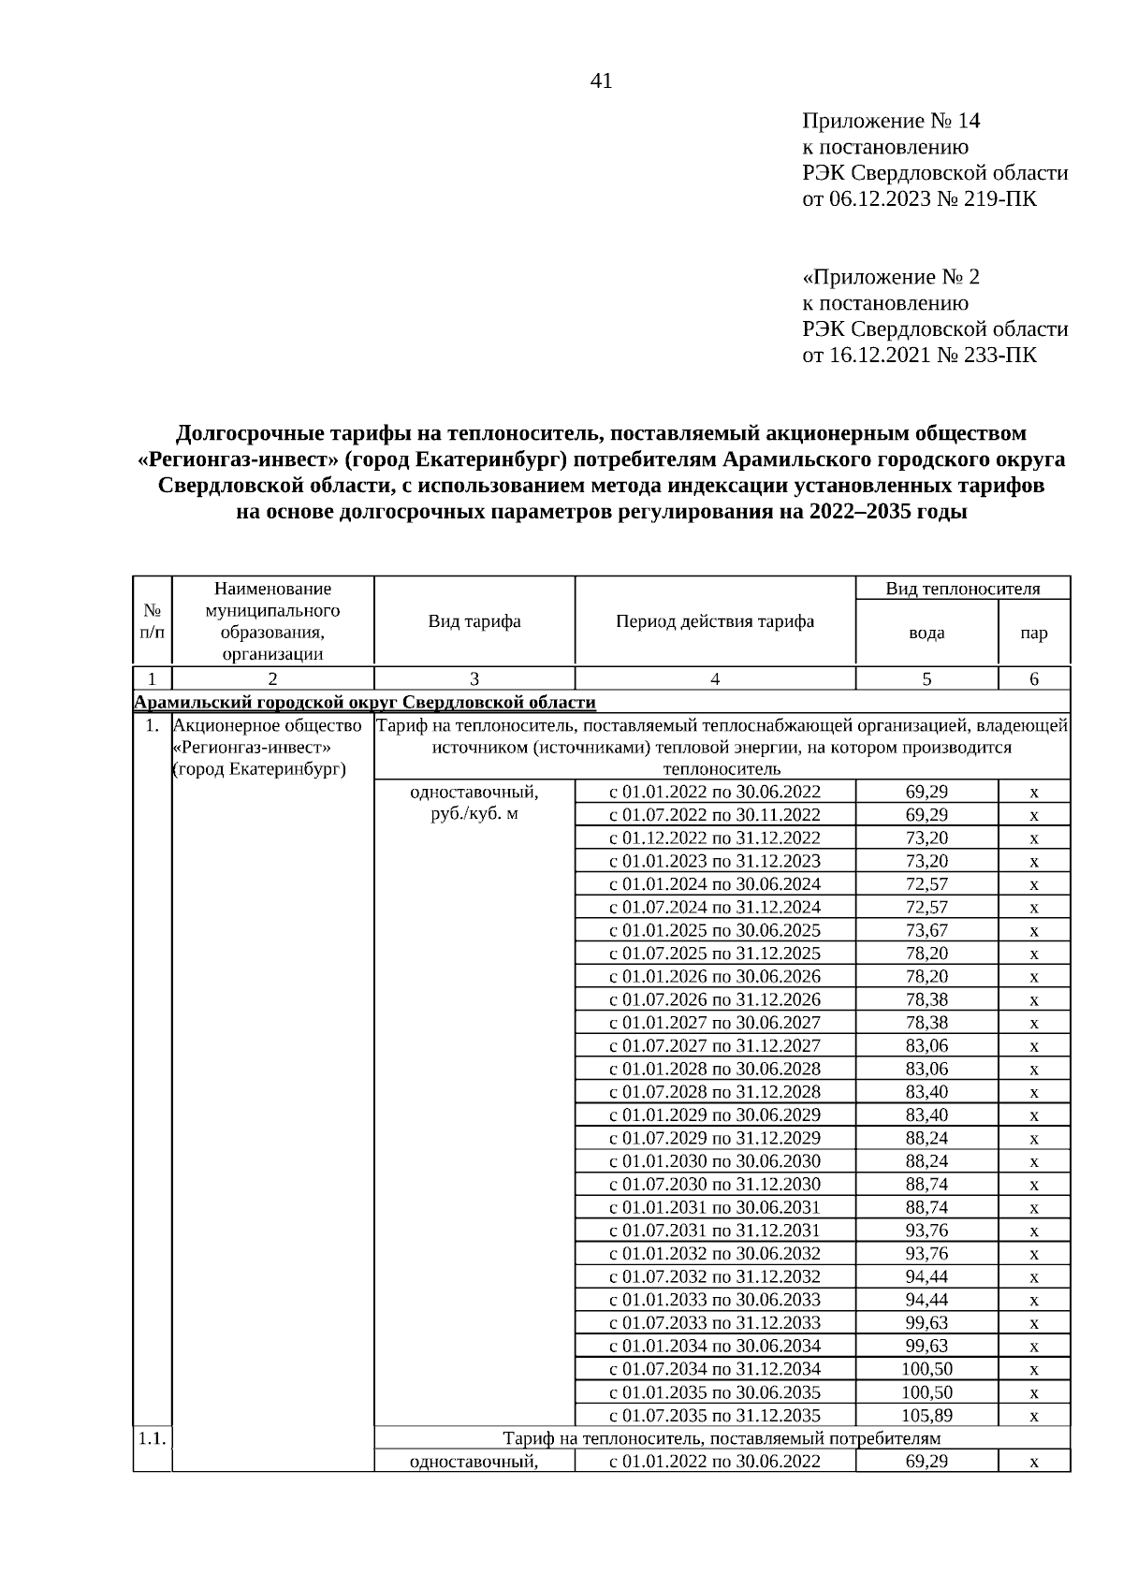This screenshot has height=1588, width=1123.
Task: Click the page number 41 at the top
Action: tap(601, 81)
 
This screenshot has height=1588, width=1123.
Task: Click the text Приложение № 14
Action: tap(890, 122)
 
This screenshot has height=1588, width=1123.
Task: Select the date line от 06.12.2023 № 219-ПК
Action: tap(919, 199)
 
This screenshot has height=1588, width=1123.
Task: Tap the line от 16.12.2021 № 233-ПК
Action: tap(919, 356)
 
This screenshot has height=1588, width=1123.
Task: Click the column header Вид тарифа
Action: tap(474, 621)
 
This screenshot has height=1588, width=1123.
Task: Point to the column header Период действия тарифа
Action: tap(715, 621)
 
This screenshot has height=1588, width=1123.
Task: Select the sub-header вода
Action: tap(926, 633)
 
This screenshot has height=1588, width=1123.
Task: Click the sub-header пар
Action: tap(1033, 633)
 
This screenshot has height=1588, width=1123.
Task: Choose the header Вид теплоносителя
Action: tap(962, 589)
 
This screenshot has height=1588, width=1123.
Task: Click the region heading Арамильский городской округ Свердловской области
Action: tap(365, 702)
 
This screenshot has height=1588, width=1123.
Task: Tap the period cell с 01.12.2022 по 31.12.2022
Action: tap(715, 838)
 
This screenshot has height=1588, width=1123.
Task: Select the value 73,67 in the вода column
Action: tap(926, 930)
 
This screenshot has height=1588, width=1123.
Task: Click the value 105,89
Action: tap(926, 1415)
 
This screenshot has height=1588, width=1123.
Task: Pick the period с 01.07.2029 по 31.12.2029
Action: tap(715, 1138)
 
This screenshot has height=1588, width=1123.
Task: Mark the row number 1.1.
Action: tap(152, 1438)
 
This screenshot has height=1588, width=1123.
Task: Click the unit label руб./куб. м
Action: tap(474, 814)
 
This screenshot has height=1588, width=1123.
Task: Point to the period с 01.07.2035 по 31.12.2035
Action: tap(715, 1415)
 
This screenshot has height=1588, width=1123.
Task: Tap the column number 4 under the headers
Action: tap(715, 679)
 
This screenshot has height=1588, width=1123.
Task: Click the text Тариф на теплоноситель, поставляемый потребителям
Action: tap(722, 1438)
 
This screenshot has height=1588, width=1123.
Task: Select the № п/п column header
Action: tap(152, 621)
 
